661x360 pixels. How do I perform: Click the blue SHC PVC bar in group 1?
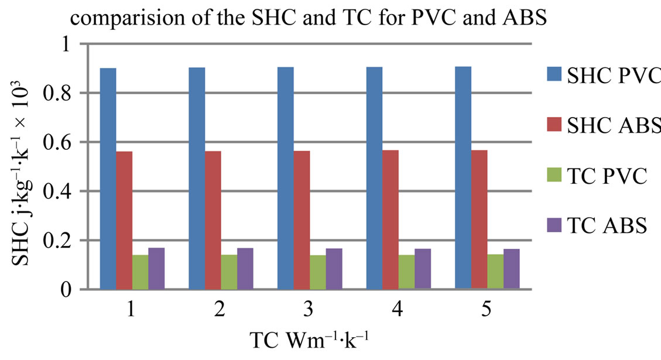(x=108, y=179)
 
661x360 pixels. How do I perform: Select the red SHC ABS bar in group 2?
(x=213, y=220)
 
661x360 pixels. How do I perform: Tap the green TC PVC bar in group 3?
(x=318, y=272)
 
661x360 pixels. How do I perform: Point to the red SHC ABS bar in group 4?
(x=391, y=220)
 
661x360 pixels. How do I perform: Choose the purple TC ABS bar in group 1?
(x=156, y=269)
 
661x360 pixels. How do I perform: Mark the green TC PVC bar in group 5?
(x=495, y=272)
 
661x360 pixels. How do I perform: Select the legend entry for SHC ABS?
(x=603, y=125)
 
